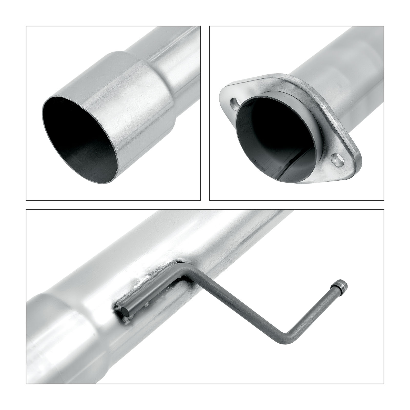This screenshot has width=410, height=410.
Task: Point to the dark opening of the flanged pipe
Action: [274, 138]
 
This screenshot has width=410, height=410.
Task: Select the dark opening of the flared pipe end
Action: [77, 138]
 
